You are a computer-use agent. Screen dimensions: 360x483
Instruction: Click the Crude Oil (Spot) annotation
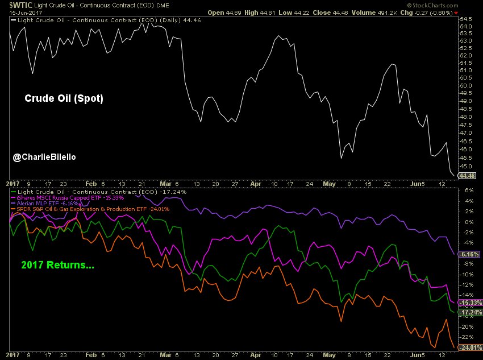64,98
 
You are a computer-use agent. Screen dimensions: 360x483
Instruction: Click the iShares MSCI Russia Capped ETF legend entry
64,198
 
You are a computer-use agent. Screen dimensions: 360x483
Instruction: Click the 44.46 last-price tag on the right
468,176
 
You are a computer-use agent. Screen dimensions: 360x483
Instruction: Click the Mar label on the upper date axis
165,184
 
